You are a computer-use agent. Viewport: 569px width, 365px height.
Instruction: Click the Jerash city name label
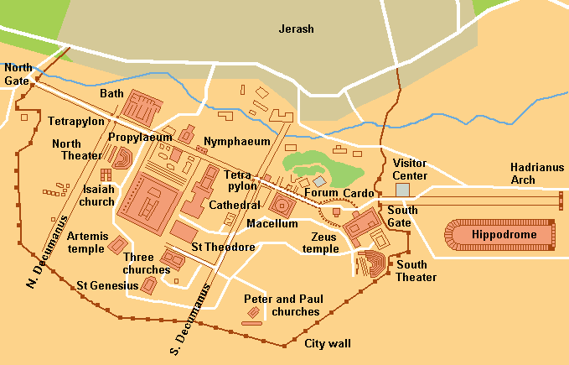pos(295,29)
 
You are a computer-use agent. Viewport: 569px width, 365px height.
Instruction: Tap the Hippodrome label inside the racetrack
pos(504,235)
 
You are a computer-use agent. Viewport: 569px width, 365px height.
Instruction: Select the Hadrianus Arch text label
pos(535,174)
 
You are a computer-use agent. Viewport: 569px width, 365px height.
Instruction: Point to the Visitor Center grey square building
pos(403,190)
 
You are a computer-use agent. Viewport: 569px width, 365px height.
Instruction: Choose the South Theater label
pos(416,271)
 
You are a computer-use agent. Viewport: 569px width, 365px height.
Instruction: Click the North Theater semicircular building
pos(122,158)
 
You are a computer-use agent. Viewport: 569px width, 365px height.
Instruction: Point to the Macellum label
pos(272,224)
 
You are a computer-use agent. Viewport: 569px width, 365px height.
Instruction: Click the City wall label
pos(327,343)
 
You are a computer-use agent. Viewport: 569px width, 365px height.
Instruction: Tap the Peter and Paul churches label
pos(281,305)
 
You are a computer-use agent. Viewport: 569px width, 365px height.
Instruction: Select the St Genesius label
pos(106,285)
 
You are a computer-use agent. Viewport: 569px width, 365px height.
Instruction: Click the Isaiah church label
pos(96,196)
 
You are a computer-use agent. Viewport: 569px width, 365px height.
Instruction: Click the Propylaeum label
pos(134,133)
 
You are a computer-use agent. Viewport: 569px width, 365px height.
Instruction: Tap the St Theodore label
pos(223,247)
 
